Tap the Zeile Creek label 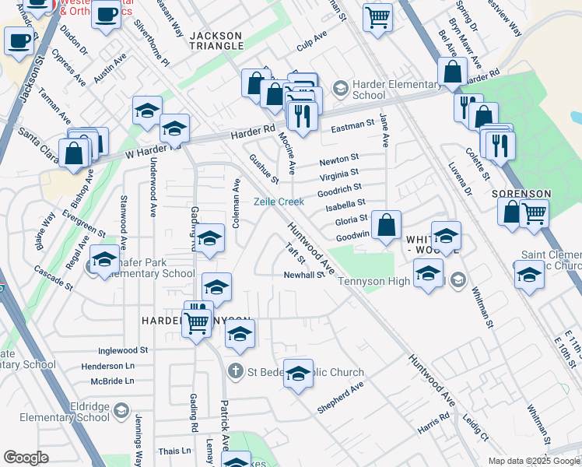pos(280,202)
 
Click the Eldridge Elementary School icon pos(121,410)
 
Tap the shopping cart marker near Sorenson pos(534,213)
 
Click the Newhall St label pos(303,275)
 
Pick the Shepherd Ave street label pos(340,396)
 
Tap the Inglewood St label pos(124,351)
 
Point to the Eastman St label pos(353,125)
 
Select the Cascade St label pos(54,278)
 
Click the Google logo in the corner pos(26,458)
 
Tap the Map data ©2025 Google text pos(534,461)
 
